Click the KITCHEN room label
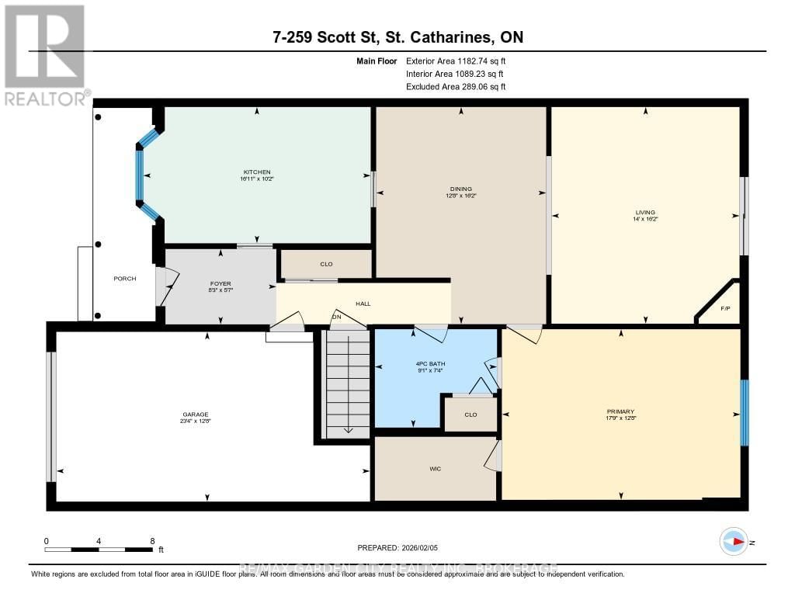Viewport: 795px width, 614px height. pos(256,172)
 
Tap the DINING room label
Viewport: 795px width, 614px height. pos(461,189)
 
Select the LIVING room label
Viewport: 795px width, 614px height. pos(644,212)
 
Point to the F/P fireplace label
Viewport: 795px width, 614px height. pos(725,308)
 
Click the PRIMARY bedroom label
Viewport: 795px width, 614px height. pos(620,411)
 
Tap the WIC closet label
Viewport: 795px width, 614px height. pos(436,469)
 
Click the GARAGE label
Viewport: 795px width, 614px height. pos(201,415)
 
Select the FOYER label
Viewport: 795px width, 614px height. pos(220,283)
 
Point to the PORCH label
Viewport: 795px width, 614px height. pos(124,278)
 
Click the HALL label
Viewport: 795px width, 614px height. pos(363,304)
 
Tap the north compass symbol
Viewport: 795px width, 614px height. pos(734,542)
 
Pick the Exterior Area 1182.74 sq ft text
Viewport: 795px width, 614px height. pos(456,61)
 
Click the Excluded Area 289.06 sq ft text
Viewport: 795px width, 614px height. pos(456,87)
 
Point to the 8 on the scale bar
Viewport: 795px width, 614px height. pos(152,540)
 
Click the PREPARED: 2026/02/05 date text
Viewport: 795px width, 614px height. pos(397,548)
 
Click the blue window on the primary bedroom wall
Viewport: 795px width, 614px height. pos(744,413)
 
